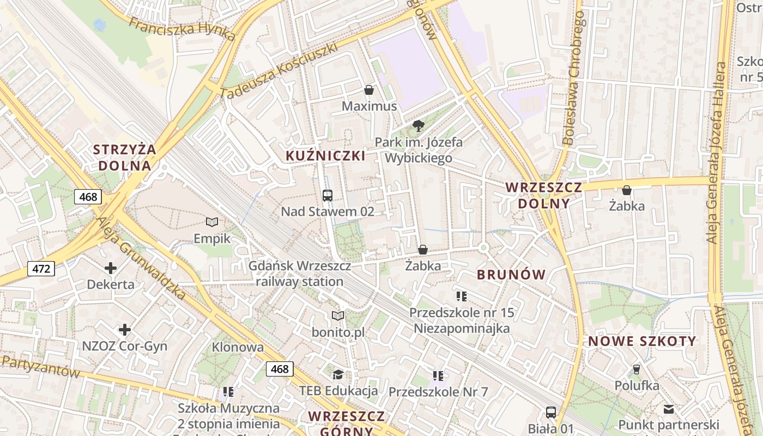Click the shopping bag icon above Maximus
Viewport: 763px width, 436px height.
coord(369,90)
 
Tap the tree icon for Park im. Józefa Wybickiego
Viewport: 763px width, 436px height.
coord(419,126)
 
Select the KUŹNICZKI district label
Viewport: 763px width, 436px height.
coord(325,156)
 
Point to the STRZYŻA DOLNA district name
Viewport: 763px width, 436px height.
coord(125,158)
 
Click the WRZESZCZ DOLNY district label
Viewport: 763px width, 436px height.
coord(543,196)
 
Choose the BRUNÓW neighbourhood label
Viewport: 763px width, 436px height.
coord(511,275)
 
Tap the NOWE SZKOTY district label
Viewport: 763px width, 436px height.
coord(642,342)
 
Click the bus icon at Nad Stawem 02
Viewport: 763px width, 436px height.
coord(328,196)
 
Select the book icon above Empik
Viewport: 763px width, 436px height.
coord(212,222)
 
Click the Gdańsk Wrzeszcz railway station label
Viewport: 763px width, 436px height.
coord(300,274)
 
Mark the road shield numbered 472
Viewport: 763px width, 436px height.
coord(41,268)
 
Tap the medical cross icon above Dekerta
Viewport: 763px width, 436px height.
coord(111,268)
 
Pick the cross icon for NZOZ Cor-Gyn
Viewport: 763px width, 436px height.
coord(125,330)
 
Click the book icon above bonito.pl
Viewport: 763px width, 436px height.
coord(338,316)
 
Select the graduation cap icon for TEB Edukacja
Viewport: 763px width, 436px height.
coord(338,374)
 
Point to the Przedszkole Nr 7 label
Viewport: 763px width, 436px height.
coord(438,391)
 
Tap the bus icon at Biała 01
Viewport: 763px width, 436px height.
coord(551,412)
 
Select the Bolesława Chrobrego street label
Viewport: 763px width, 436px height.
coord(576,79)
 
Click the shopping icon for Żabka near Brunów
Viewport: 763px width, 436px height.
coord(422,250)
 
